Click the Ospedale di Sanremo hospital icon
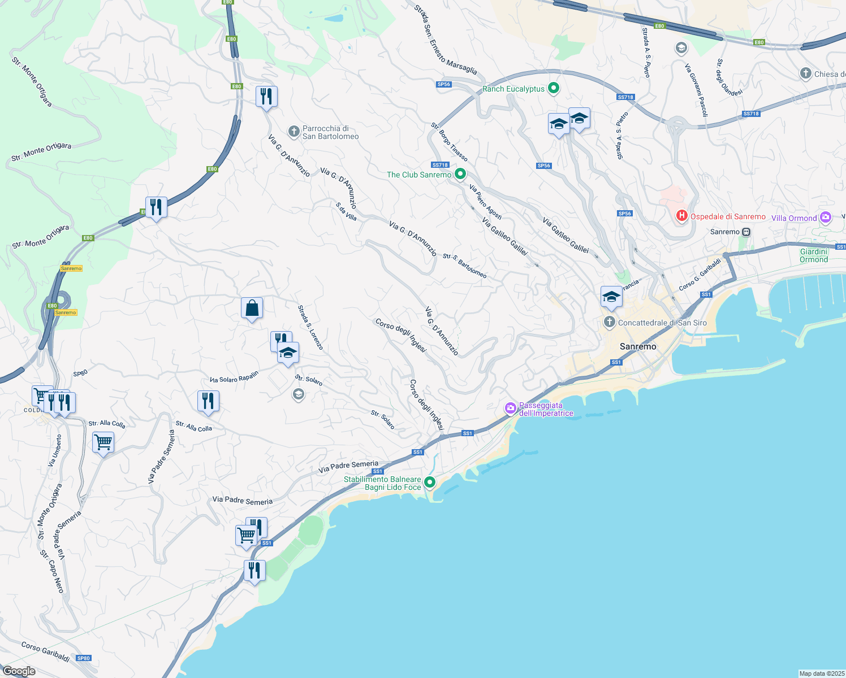tap(682, 216)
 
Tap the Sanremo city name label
tap(638, 346)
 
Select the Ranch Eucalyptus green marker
tap(554, 89)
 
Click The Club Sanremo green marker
tap(460, 175)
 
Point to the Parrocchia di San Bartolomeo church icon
tap(293, 132)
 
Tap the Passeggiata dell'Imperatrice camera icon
tap(511, 408)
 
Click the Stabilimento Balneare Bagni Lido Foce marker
tap(430, 483)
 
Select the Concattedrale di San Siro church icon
tap(609, 323)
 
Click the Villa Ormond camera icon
tap(826, 218)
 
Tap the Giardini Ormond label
tap(814, 255)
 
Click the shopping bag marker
tap(252, 309)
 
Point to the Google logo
tap(19, 671)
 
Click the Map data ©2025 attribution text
tap(821, 673)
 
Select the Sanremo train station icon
tap(746, 232)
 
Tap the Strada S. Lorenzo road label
tap(310, 327)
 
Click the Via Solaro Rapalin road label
tap(234, 377)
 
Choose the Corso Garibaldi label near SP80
tap(45, 651)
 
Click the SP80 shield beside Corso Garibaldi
tap(84, 658)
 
